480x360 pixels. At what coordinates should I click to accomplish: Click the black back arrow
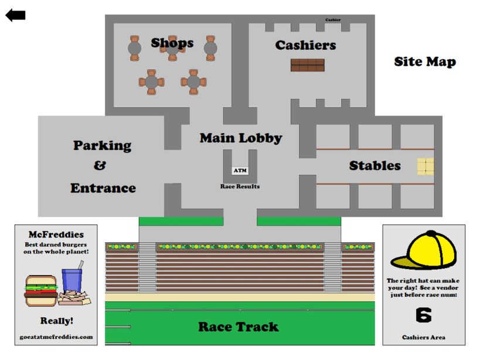(x=15, y=15)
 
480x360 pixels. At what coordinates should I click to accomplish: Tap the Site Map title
(x=424, y=62)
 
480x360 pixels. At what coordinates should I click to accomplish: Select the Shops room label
(x=172, y=43)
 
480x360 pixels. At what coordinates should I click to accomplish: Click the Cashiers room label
(x=305, y=45)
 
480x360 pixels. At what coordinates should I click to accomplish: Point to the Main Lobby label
(x=241, y=138)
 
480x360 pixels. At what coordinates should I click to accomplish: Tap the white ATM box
(x=240, y=171)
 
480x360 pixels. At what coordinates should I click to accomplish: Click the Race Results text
(x=240, y=186)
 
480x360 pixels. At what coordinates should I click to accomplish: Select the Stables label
(x=375, y=166)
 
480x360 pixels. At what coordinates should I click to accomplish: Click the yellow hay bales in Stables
(x=425, y=166)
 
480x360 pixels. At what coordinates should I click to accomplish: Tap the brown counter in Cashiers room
(x=307, y=65)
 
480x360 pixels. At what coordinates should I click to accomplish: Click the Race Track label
(x=238, y=327)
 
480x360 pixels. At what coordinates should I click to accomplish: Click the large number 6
(x=423, y=315)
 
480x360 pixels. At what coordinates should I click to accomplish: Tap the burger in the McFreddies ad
(x=40, y=290)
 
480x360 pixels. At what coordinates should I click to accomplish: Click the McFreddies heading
(x=56, y=235)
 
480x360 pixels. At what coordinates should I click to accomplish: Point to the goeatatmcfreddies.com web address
(x=56, y=337)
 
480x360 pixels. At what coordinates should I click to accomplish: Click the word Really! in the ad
(x=57, y=321)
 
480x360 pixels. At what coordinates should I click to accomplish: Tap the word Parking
(x=102, y=145)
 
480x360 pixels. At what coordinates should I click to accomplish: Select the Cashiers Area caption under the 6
(x=423, y=337)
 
